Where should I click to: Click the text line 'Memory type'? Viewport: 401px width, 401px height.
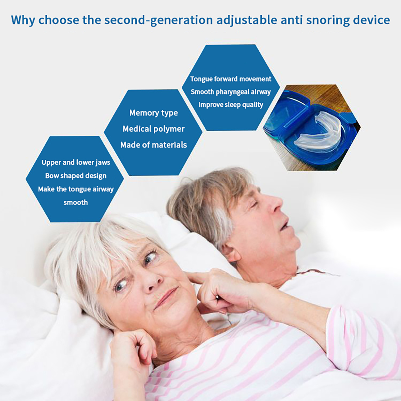(154, 113)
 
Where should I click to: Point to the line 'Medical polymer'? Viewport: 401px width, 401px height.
(154, 129)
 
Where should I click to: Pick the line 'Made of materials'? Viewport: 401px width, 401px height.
(154, 145)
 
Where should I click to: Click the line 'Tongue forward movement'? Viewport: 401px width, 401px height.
(231, 79)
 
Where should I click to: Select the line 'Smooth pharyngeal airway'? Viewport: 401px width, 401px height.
(231, 92)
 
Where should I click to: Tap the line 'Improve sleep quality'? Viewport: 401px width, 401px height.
(231, 105)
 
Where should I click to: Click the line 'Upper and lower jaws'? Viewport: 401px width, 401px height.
(76, 162)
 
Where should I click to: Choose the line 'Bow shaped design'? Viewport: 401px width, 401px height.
(76, 176)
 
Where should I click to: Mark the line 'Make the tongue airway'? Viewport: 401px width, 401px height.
(76, 189)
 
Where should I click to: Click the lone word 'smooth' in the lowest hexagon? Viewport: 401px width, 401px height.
(76, 202)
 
